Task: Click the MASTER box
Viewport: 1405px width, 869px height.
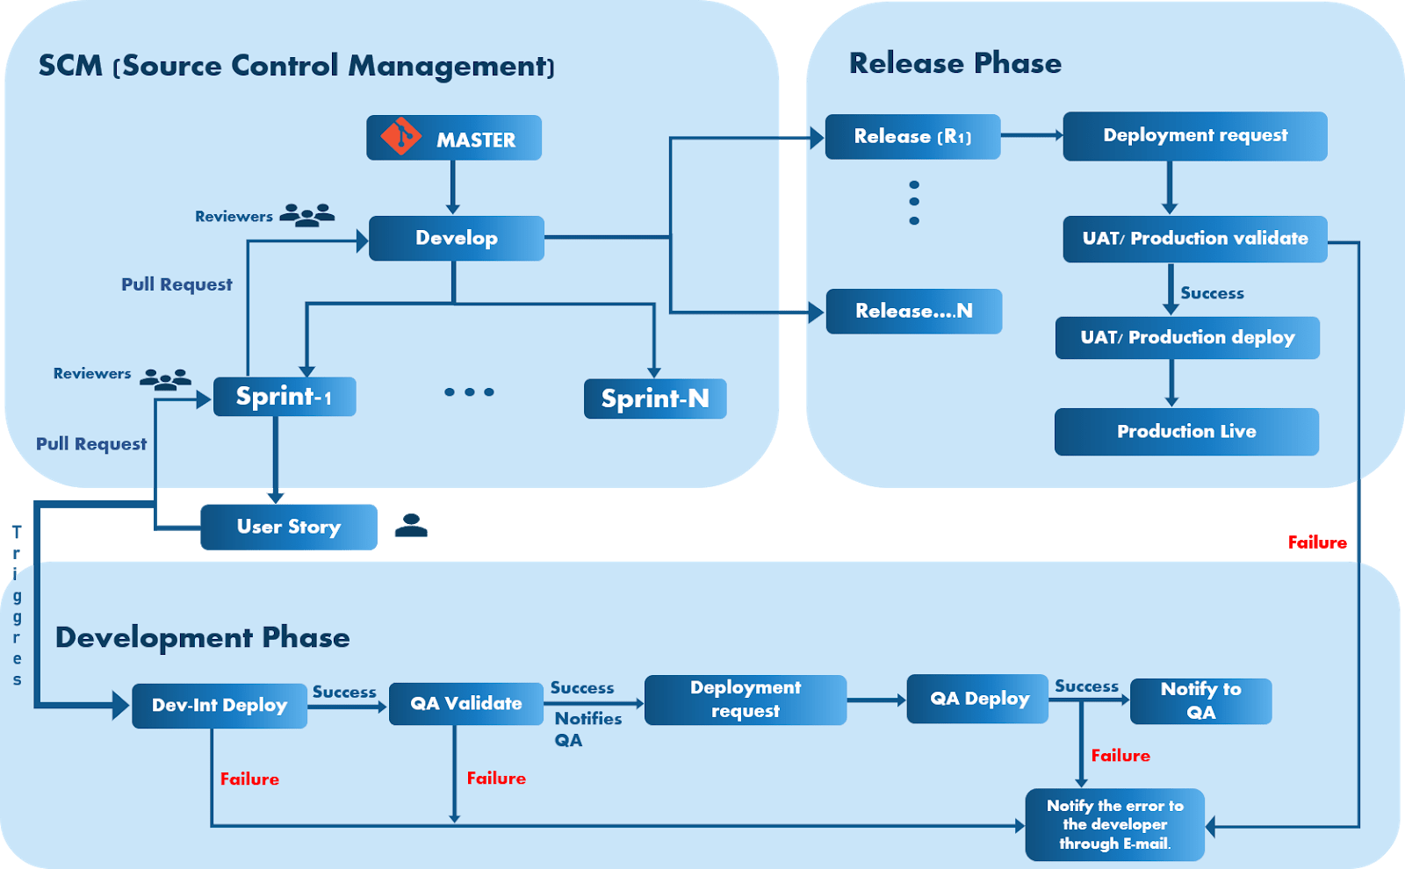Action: click(x=454, y=138)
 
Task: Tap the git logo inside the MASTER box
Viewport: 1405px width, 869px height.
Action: click(x=400, y=136)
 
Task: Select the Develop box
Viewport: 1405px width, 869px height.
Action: click(x=457, y=238)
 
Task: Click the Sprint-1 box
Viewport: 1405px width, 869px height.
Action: click(x=285, y=397)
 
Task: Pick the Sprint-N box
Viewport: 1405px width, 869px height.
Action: click(x=655, y=399)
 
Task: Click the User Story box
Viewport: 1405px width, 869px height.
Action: click(x=289, y=527)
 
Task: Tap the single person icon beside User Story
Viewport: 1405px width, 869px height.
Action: click(x=410, y=525)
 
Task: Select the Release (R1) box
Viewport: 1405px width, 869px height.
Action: click(x=912, y=136)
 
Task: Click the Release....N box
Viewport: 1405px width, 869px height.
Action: click(x=914, y=311)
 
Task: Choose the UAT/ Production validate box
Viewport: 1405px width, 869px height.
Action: click(x=1194, y=239)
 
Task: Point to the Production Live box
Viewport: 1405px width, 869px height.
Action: click(x=1186, y=431)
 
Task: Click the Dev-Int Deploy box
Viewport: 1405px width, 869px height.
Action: click(x=220, y=705)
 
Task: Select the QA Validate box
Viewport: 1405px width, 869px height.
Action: click(x=466, y=703)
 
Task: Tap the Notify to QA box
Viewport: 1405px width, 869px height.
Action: click(x=1200, y=700)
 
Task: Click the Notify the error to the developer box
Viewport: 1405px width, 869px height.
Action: click(x=1114, y=824)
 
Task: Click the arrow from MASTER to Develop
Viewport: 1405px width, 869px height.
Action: click(x=453, y=187)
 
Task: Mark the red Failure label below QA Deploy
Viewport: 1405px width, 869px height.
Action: click(x=1120, y=756)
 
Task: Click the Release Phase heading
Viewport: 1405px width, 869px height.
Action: click(x=955, y=63)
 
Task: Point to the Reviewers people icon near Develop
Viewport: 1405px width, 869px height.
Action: click(x=306, y=215)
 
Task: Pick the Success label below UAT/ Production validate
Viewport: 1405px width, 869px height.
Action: click(x=1212, y=293)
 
